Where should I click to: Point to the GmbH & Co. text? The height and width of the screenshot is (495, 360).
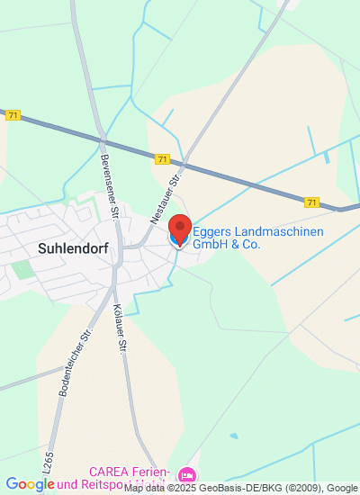click(x=223, y=244)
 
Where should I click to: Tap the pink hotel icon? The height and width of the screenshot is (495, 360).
click(x=186, y=474)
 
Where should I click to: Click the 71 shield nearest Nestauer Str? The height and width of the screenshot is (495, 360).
click(x=161, y=159)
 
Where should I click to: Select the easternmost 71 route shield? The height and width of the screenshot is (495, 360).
click(x=311, y=202)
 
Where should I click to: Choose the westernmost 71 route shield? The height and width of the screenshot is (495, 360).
click(x=12, y=114)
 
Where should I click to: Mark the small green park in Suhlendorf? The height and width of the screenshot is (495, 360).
click(x=21, y=269)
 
